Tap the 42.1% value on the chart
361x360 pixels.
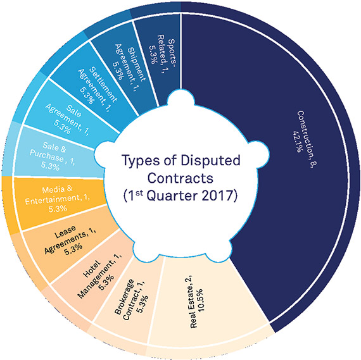[x=296, y=141]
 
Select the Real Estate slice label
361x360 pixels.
[x=191, y=302]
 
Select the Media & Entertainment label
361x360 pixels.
[x=58, y=195]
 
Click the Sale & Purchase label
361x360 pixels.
[x=52, y=152]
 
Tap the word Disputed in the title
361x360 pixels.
[x=210, y=161]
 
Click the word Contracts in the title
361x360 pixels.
[x=180, y=178]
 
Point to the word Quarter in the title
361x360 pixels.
[x=172, y=196]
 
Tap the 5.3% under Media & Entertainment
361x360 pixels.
[x=58, y=209]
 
